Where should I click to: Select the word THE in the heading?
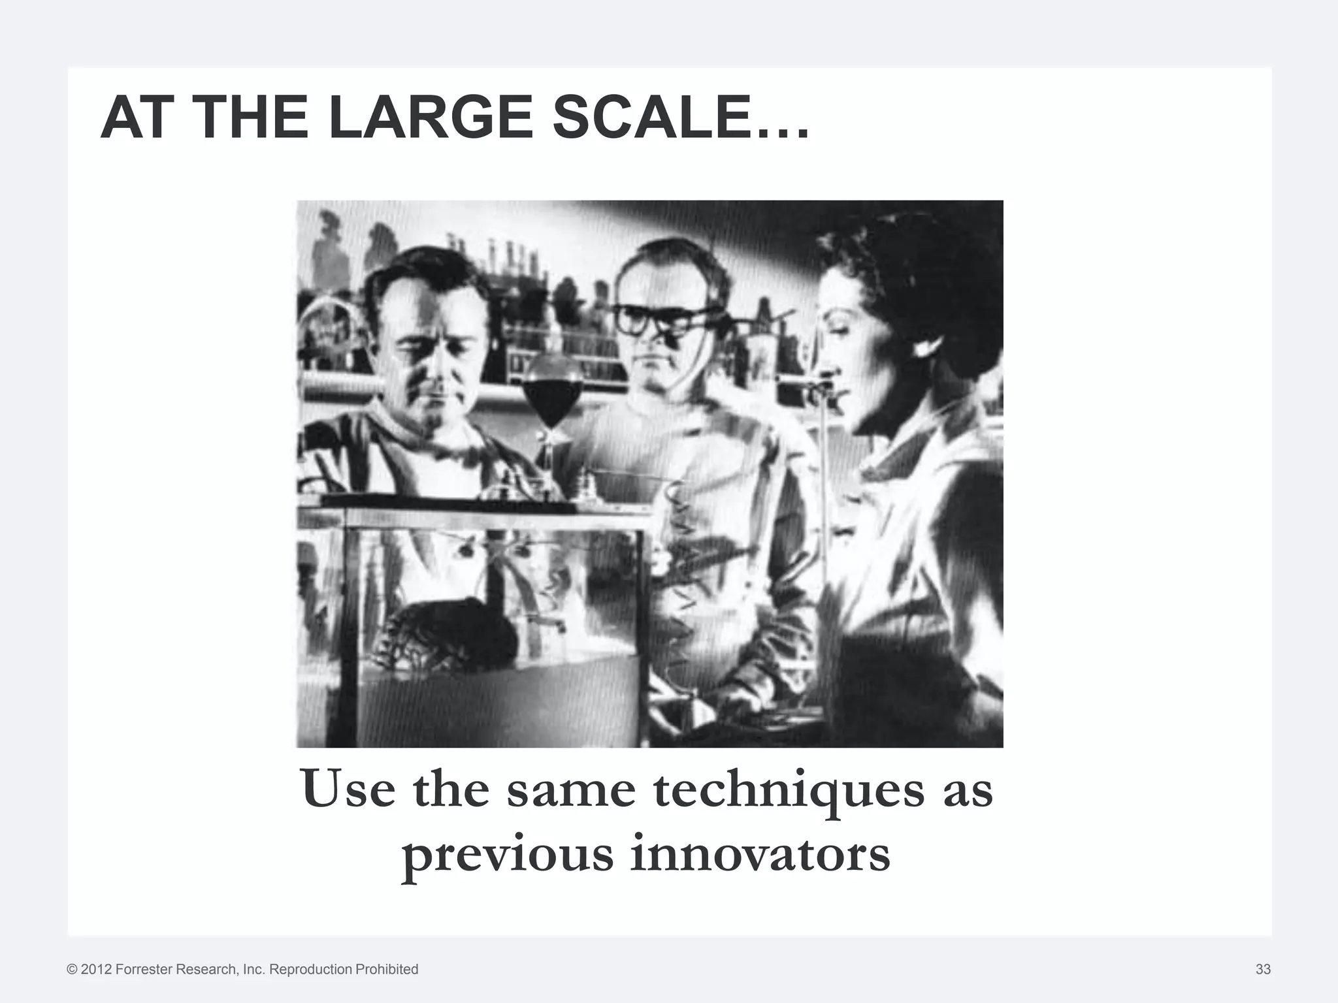pos(252,118)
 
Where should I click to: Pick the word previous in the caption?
pos(508,857)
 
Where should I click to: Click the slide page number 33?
pos(1263,969)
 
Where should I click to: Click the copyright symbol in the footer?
pos(72,969)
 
